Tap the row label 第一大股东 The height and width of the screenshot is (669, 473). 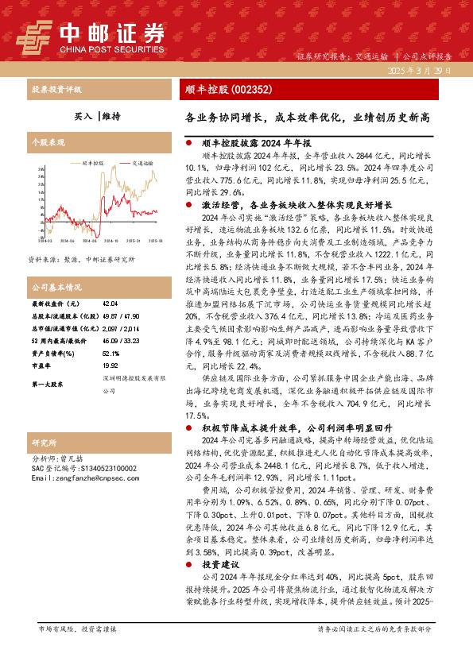[x=48, y=385]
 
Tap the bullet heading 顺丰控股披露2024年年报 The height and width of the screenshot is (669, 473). [x=250, y=144]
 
